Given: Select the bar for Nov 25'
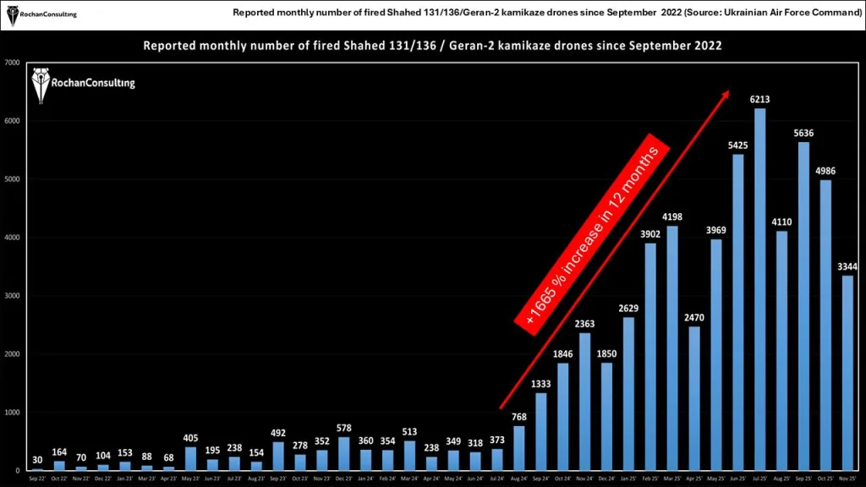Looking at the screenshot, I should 847,373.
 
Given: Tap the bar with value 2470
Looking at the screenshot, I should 693,398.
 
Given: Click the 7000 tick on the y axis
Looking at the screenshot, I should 13,63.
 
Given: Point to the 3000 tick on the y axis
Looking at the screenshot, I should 13,296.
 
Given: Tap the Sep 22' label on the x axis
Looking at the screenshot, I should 37,478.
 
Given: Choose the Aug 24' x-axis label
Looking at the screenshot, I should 519,478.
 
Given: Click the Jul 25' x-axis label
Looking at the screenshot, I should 759,478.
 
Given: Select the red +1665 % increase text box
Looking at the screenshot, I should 591,230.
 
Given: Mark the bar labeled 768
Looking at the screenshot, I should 519,448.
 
